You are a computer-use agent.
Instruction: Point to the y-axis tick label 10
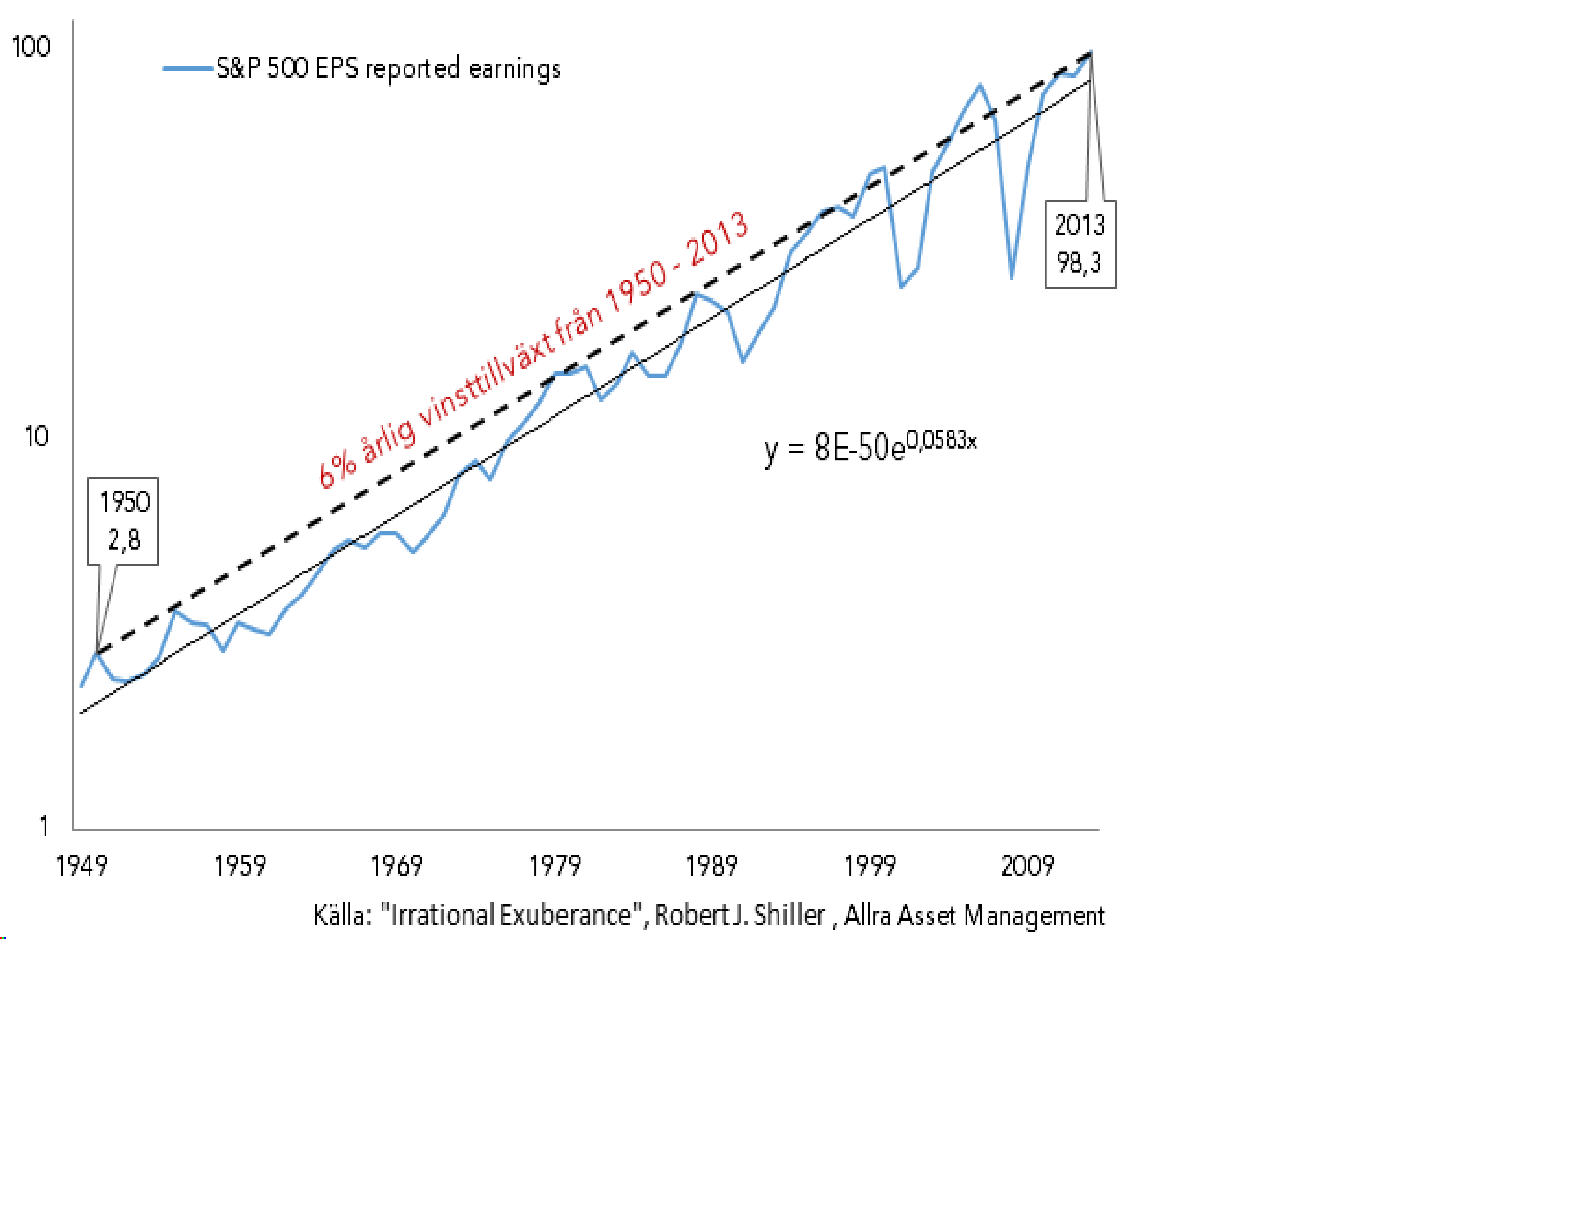pyautogui.click(x=36, y=437)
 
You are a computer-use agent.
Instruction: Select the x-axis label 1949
pyautogui.click(x=81, y=866)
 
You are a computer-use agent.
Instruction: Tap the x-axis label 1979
pyautogui.click(x=555, y=866)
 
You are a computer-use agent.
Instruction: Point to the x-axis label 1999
pyautogui.click(x=869, y=866)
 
